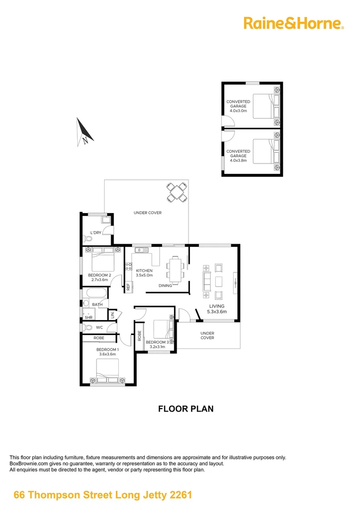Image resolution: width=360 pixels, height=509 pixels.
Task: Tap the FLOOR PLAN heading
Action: pyautogui.click(x=186, y=409)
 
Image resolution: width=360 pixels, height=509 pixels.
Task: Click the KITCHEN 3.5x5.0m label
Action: pyautogui.click(x=144, y=272)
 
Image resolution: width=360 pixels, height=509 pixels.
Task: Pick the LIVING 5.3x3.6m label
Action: pyautogui.click(x=217, y=309)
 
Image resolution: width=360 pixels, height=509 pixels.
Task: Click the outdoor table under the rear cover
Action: pyautogui.click(x=177, y=192)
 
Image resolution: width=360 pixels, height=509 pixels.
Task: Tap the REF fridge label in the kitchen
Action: pyautogui.click(x=128, y=286)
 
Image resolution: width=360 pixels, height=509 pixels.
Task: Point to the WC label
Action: pyautogui.click(x=99, y=327)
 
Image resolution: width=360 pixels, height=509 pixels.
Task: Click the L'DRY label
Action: pyautogui.click(x=96, y=233)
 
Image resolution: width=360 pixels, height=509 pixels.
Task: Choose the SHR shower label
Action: pyautogui.click(x=88, y=317)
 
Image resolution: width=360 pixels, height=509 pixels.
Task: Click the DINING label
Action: pyautogui.click(x=165, y=286)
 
